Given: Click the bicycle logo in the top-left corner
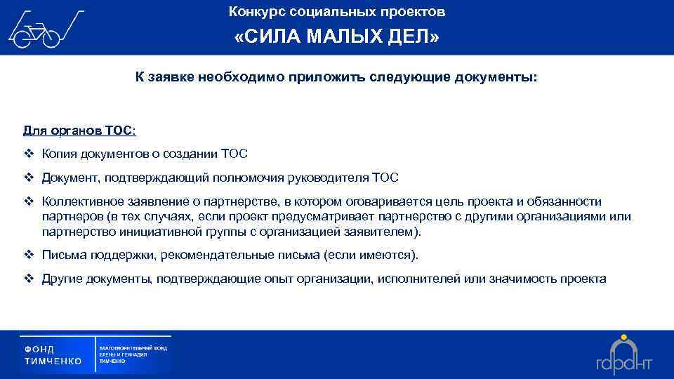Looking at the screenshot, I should click(x=44, y=29).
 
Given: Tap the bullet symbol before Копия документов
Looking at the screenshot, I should click(x=29, y=154).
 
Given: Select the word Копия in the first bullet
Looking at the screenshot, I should click(x=58, y=154).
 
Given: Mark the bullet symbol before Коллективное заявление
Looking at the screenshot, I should click(x=29, y=201).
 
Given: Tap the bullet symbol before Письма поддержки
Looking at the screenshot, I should click(x=29, y=255).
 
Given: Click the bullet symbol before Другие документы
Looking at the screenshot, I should click(x=29, y=279).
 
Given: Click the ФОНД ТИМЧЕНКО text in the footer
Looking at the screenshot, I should click(x=53, y=354).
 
